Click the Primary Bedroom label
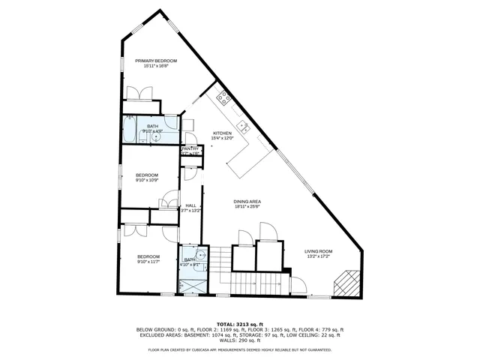click(x=155, y=61)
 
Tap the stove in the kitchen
click(x=223, y=97)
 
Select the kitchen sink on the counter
click(x=242, y=124)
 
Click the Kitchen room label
click(x=222, y=133)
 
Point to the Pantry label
click(x=190, y=149)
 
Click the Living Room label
click(x=318, y=251)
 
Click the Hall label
click(x=190, y=205)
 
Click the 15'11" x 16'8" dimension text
click(x=155, y=66)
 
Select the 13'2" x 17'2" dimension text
click(x=318, y=256)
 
